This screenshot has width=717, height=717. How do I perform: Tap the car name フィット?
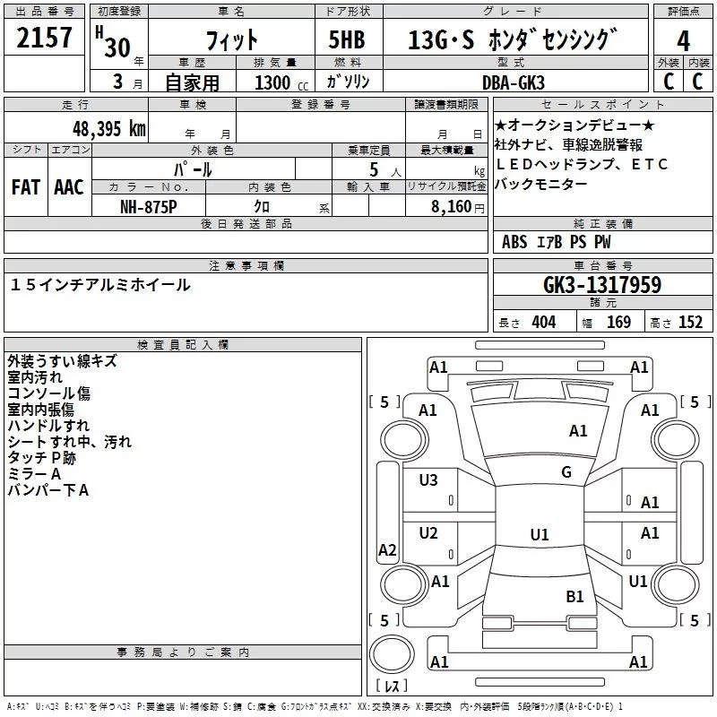click(x=231, y=40)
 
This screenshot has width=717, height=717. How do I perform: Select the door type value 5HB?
click(x=345, y=39)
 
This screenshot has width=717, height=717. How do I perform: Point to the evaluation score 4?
click(x=683, y=40)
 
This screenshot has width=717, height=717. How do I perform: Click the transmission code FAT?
click(x=25, y=187)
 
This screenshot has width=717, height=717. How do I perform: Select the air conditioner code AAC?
click(x=69, y=187)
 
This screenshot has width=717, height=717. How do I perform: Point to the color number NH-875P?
click(x=148, y=206)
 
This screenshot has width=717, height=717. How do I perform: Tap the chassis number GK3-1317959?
click(x=602, y=285)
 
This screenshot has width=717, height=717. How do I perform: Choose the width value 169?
click(x=619, y=323)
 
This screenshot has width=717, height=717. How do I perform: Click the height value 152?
click(x=690, y=323)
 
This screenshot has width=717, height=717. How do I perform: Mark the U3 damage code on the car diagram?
click(x=428, y=480)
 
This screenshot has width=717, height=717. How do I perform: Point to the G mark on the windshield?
click(x=566, y=472)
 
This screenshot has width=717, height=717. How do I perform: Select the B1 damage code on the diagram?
click(x=574, y=596)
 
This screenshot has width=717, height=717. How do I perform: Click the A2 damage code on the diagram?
click(x=387, y=550)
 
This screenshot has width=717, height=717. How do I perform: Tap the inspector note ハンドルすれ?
click(x=48, y=426)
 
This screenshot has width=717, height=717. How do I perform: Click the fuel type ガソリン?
click(x=348, y=82)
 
